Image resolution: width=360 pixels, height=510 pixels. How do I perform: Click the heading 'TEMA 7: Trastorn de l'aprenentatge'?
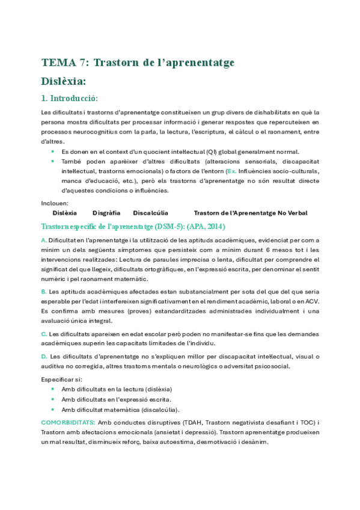click(138, 63)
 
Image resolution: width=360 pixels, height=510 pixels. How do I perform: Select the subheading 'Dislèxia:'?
click(63, 81)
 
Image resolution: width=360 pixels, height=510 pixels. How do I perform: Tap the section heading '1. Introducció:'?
click(69, 98)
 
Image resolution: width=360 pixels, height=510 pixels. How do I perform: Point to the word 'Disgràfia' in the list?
click(106, 213)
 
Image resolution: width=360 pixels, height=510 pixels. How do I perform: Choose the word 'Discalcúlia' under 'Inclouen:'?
click(150, 213)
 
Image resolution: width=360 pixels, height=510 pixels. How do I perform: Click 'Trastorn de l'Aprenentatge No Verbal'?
click(251, 213)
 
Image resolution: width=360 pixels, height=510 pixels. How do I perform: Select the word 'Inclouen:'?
click(55, 203)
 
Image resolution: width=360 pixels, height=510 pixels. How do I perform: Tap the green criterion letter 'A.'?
click(44, 240)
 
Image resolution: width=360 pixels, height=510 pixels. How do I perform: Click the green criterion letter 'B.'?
click(44, 291)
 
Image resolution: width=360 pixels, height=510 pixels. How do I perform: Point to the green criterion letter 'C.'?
click(44, 334)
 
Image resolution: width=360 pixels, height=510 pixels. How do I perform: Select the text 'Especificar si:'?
click(62, 379)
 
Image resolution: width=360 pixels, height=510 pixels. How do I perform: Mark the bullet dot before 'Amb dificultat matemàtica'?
click(53, 410)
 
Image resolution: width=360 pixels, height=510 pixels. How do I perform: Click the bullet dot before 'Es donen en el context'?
click(53, 152)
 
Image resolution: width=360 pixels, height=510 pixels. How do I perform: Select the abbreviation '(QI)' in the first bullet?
click(215, 152)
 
